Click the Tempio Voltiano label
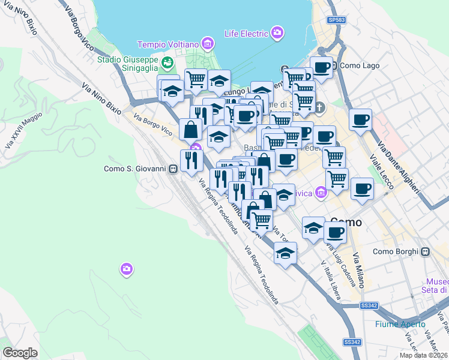167,44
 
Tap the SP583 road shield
337,20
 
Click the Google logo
20,353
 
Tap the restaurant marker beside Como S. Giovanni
191,161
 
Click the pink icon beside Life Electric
277,32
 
